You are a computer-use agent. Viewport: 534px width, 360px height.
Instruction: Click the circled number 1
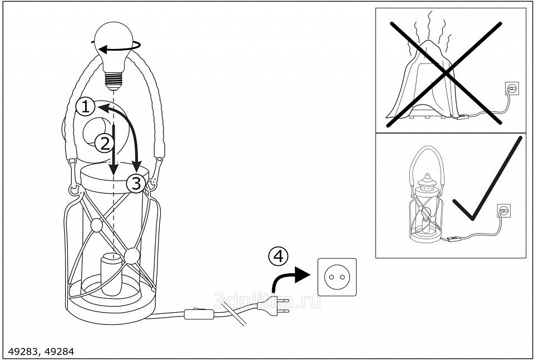point(85,106)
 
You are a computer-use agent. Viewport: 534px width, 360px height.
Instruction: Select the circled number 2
point(103,144)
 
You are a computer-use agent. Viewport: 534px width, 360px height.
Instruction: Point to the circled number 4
point(278,256)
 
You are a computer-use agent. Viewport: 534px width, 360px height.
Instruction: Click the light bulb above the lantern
point(116,47)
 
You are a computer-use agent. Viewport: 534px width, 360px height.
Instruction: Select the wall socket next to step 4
point(337,277)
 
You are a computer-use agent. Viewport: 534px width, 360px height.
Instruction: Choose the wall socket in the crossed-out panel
point(512,88)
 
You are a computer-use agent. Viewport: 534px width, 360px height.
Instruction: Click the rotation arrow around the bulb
point(119,49)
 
